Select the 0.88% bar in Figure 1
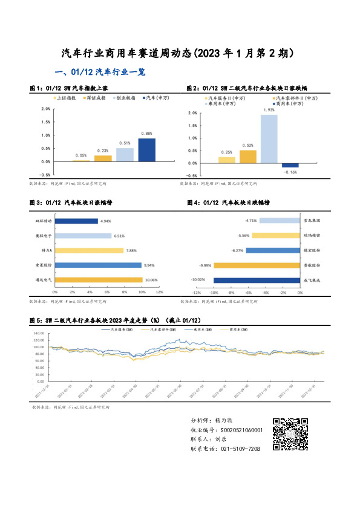(146, 150)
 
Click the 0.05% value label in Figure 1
(80, 156)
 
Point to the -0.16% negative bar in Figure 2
(290, 165)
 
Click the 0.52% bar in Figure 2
(248, 157)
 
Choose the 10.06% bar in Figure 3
(99, 280)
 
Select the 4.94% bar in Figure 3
(76, 221)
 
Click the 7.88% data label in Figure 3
(133, 250)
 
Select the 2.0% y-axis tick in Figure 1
(45, 109)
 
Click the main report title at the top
(180, 54)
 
